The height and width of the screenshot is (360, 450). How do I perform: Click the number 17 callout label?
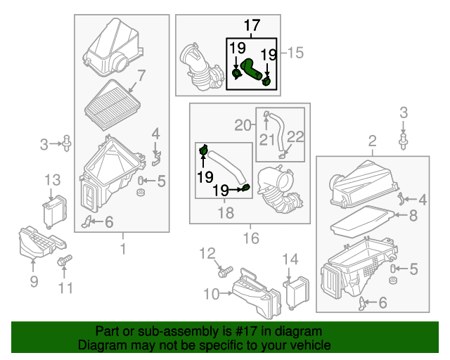(x=252, y=26)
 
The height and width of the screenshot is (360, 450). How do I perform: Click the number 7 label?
(x=141, y=75)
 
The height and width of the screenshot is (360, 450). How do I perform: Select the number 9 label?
(x=34, y=283)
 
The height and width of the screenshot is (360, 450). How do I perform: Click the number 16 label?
(x=251, y=239)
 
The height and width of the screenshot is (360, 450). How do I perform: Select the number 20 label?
(x=243, y=126)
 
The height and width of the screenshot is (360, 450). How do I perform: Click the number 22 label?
(x=295, y=138)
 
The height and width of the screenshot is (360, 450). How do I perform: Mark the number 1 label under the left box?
(x=122, y=248)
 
